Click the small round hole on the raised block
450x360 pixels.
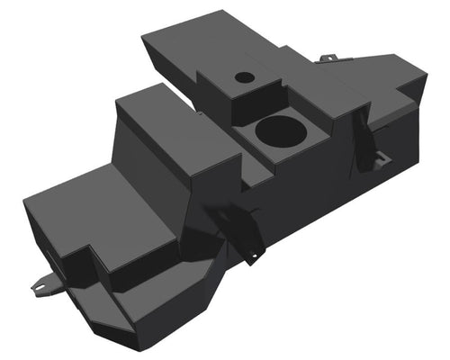[245, 77]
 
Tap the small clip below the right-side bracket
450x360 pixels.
[382, 160]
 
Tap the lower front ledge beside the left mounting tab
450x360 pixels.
[90, 297]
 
